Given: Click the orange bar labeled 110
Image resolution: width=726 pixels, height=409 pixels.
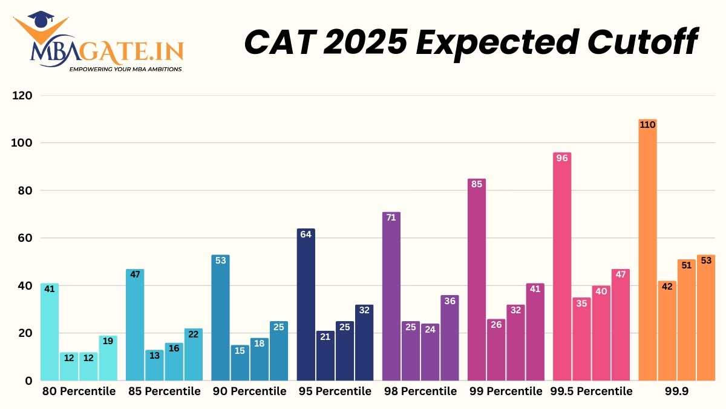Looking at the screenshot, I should click(x=648, y=250).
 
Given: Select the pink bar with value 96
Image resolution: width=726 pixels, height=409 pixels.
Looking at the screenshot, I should click(x=562, y=267).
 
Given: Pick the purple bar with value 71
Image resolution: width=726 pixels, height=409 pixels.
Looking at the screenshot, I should click(x=391, y=296).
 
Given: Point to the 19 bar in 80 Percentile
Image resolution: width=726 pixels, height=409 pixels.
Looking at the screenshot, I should click(x=108, y=358).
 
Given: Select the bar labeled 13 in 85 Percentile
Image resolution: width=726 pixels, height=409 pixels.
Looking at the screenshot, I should click(x=154, y=365).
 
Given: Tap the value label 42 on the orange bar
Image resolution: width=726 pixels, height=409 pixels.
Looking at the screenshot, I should click(x=667, y=286).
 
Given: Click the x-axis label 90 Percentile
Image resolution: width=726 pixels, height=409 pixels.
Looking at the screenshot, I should click(x=249, y=391).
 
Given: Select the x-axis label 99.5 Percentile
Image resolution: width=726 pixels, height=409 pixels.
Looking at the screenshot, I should click(x=591, y=391).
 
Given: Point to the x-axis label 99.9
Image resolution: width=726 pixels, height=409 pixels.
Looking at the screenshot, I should click(x=677, y=391).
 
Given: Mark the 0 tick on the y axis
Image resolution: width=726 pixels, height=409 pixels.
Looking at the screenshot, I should click(x=28, y=381).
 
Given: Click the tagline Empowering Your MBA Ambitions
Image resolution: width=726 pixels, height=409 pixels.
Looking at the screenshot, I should click(x=125, y=69).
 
